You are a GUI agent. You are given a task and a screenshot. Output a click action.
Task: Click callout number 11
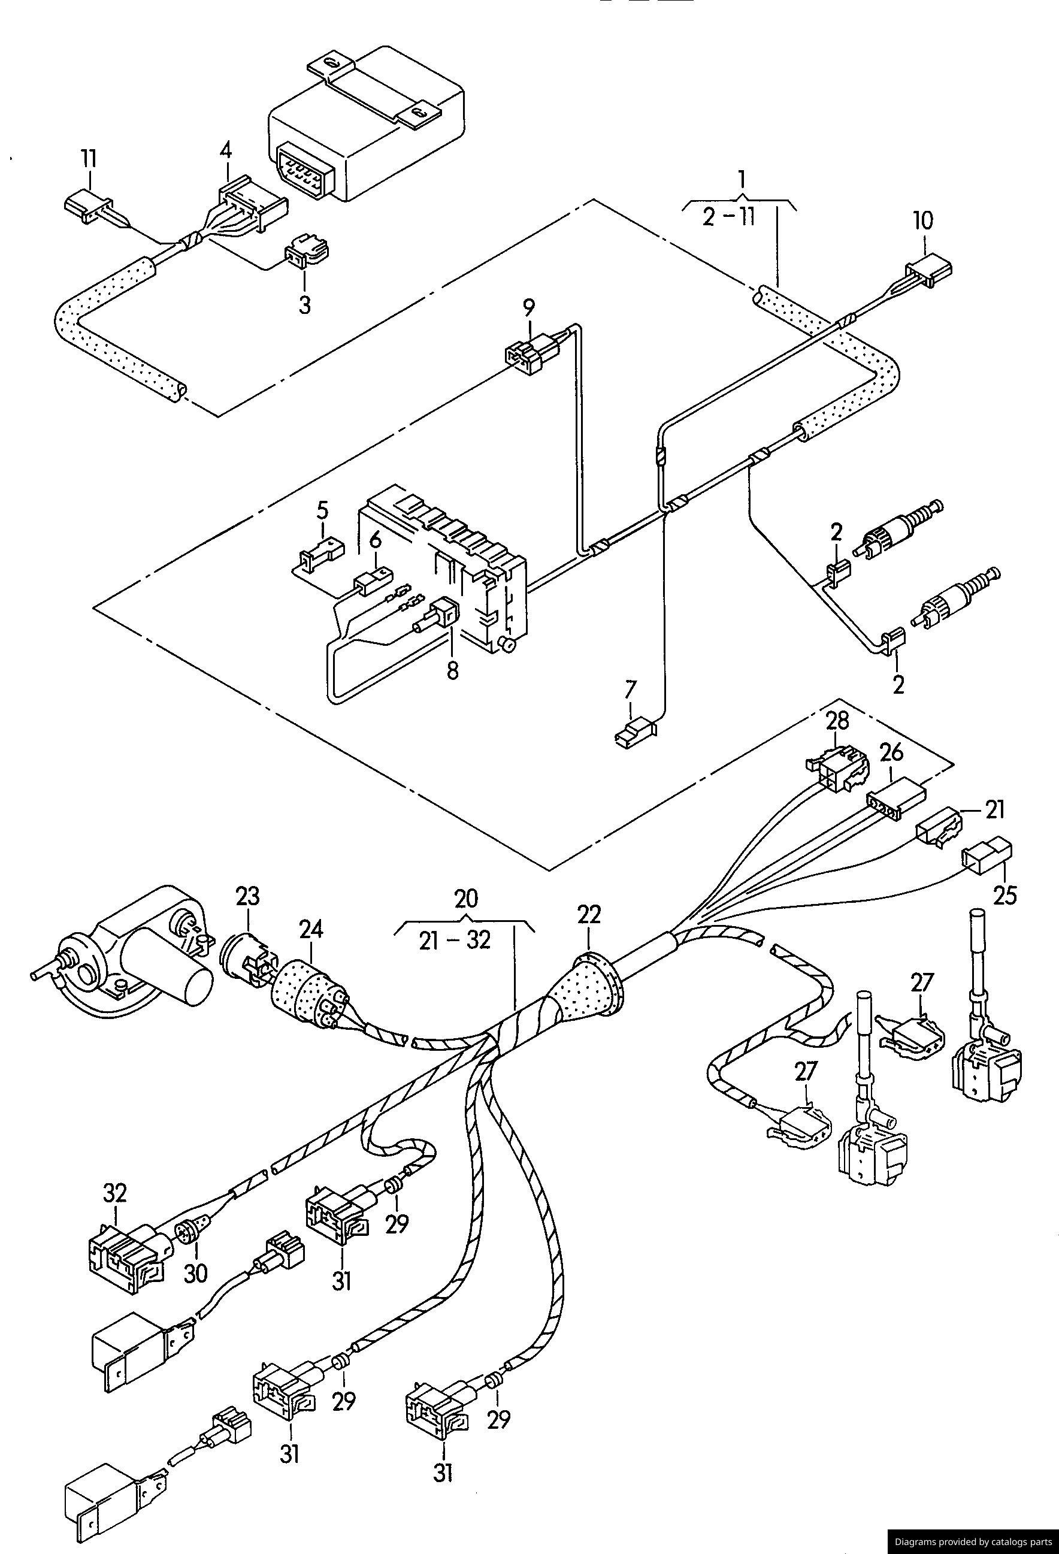coord(89,160)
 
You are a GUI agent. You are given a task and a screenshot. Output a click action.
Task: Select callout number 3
coord(304,305)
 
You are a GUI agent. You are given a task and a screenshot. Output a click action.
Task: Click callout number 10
coord(923,220)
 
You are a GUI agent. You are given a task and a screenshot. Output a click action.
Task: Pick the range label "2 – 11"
coord(728,218)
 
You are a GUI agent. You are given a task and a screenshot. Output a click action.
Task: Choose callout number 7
coord(631,690)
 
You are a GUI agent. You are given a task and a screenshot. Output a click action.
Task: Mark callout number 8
coord(453,671)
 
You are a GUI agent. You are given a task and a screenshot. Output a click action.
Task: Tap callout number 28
coord(837,721)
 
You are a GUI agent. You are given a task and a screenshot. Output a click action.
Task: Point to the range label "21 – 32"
coord(455,941)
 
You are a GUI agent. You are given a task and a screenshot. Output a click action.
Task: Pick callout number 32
coord(115,1192)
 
